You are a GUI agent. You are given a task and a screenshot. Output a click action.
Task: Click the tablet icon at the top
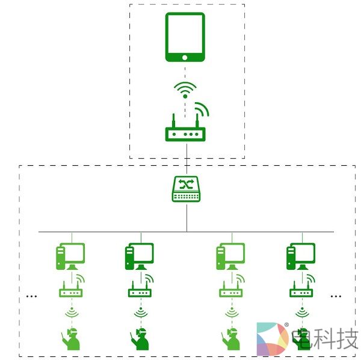pos(185,37)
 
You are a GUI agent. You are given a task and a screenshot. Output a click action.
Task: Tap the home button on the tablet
pos(185,57)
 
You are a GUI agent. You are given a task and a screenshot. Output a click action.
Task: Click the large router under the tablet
pos(185,132)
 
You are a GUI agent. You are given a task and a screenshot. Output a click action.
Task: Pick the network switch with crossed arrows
pos(186,189)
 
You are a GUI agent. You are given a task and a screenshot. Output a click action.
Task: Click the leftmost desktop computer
pos(70,256)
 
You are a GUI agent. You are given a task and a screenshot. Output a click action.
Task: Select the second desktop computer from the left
pos(140,256)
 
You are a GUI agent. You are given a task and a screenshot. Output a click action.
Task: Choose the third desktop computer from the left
pos(230,256)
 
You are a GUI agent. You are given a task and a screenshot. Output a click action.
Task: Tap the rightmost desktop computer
pos(300,256)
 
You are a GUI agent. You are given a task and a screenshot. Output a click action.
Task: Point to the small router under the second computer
pos(140,292)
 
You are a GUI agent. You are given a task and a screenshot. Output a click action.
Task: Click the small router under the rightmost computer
pos(301,292)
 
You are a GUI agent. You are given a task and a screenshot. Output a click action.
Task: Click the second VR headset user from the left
pos(140,339)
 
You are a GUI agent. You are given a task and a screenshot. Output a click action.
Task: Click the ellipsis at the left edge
pos(32,296)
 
